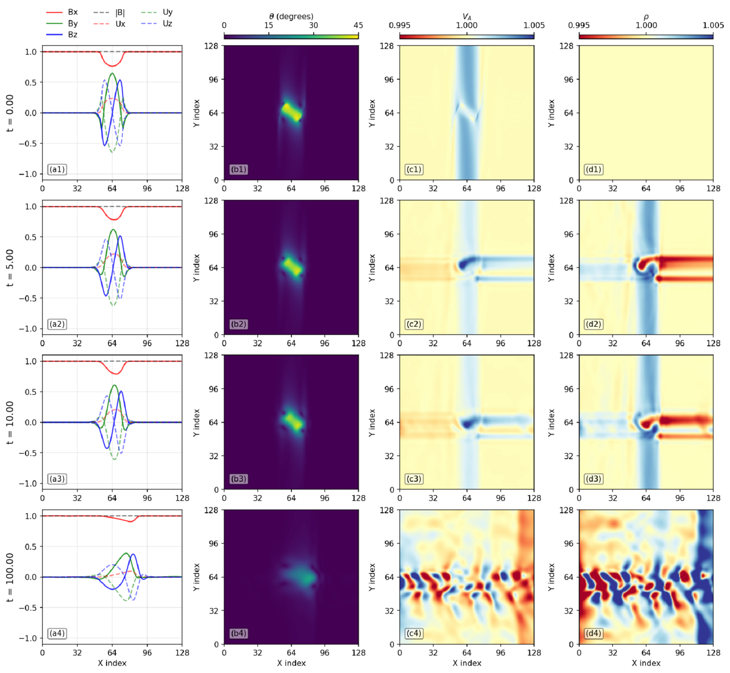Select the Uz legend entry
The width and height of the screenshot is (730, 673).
point(157,23)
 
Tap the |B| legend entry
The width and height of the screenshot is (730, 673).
point(109,12)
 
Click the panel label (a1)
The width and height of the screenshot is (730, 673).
point(57,169)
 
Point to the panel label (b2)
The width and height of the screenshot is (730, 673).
point(238,324)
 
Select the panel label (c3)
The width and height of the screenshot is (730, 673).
point(414,479)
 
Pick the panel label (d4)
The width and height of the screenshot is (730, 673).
point(593,633)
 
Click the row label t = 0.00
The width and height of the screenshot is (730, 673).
point(10,113)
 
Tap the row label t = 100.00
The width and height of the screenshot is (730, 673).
point(10,577)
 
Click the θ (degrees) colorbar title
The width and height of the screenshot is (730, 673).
point(291,16)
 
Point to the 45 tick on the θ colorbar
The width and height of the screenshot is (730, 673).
point(358,25)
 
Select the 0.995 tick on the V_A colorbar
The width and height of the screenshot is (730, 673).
point(400,25)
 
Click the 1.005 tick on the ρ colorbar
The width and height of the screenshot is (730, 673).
point(713,25)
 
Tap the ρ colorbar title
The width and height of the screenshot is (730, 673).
point(646,17)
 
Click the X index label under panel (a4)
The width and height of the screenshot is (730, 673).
point(112,663)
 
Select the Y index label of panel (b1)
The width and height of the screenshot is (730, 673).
point(197,113)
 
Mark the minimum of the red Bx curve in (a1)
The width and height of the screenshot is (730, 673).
point(112,66)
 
